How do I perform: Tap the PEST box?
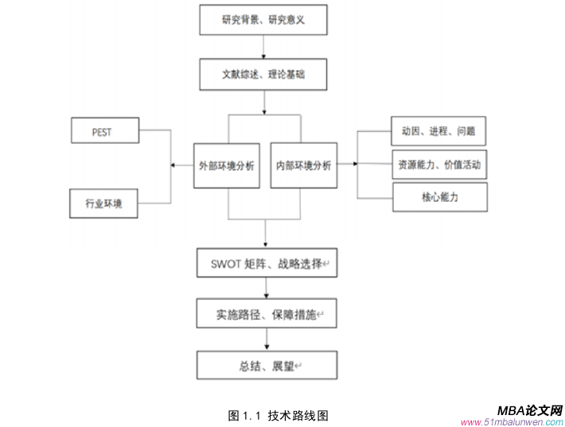pos(103,132)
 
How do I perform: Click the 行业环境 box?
pos(103,204)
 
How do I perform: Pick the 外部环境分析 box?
pos(228,165)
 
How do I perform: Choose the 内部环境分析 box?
pos(303,165)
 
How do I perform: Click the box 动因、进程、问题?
pos(439,130)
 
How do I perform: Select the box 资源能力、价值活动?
pos(439,165)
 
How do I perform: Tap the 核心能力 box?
pos(439,196)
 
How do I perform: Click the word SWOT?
pos(227,263)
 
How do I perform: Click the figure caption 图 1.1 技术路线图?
pos(278,415)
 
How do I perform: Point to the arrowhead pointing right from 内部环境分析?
pos(353,165)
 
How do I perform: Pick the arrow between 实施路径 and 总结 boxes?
pos(266,340)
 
